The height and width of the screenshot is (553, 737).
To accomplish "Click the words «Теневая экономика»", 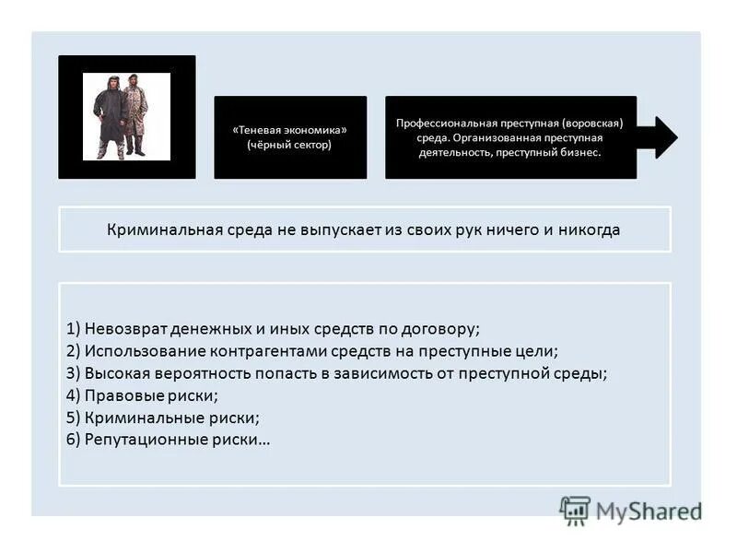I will point(289,130).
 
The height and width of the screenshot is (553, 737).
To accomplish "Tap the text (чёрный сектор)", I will point(289,146).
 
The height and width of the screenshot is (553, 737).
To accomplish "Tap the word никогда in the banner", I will point(591,229).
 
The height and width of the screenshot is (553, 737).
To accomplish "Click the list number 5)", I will point(74,418).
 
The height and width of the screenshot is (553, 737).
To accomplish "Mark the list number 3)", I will point(74,373).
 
